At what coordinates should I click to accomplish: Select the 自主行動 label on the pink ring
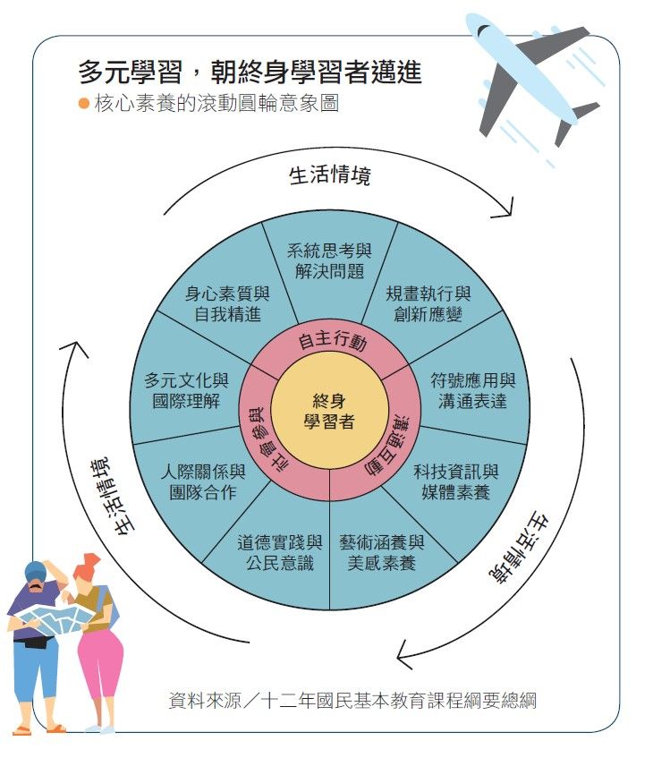[x=332, y=341]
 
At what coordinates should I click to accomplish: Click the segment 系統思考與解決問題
[x=329, y=260]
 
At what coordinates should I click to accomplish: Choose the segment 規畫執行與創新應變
[x=428, y=303]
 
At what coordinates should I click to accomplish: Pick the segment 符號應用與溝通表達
[x=472, y=390]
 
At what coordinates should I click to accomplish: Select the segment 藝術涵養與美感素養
[x=381, y=552]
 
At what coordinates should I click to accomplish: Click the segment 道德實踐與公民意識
[x=280, y=552]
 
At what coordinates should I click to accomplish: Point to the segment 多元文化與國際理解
[x=186, y=390]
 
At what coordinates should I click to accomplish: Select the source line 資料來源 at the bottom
[x=352, y=699]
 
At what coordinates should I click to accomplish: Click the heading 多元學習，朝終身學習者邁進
[x=249, y=72]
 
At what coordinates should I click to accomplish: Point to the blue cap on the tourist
[x=35, y=570]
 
